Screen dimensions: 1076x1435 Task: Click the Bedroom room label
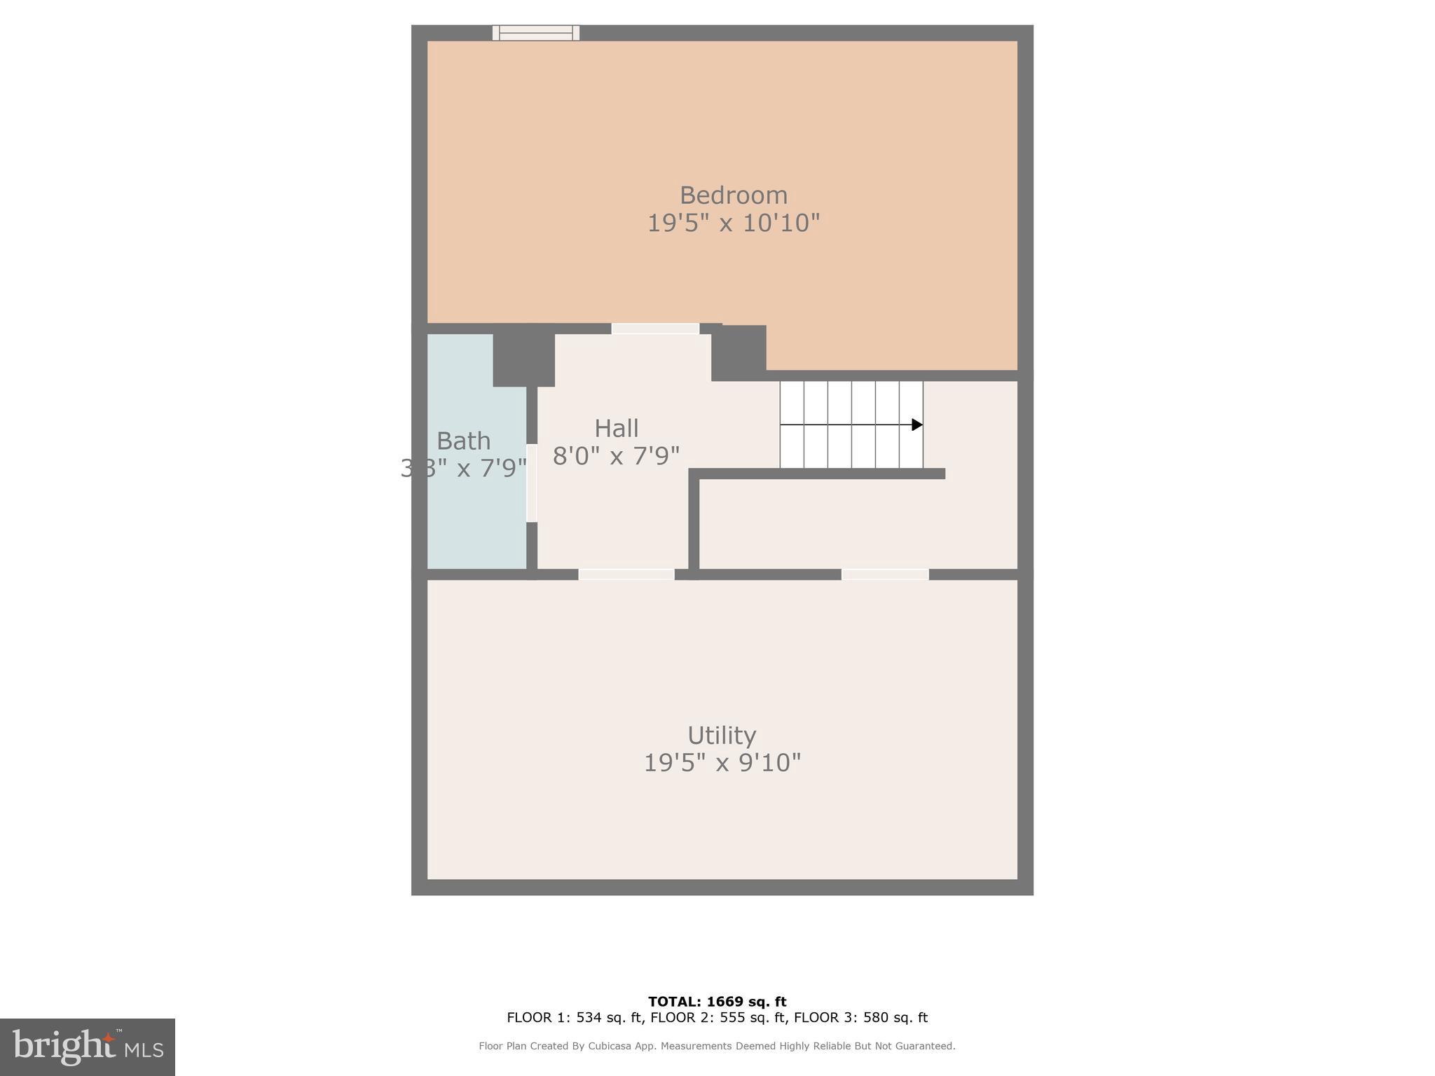tap(733, 195)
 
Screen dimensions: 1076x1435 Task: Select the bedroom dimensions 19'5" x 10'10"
tap(733, 223)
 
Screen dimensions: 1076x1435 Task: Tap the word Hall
tap(616, 428)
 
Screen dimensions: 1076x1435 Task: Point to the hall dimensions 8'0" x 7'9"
tap(616, 456)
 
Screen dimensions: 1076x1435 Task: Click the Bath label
tap(463, 441)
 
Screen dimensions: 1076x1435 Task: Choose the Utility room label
tap(722, 736)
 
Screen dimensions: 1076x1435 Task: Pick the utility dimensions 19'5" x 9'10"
tap(722, 763)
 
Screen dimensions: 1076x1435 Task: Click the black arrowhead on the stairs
tap(916, 425)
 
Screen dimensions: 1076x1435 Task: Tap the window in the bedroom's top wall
tap(536, 32)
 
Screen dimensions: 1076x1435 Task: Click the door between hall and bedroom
tap(655, 329)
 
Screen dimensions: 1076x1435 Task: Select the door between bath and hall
tap(532, 483)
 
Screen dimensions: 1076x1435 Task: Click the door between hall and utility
tap(626, 574)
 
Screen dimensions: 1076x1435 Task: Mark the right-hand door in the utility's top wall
tap(885, 574)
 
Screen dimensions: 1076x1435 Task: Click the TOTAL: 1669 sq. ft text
tap(717, 1002)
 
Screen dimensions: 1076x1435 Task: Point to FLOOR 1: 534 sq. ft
tap(575, 1017)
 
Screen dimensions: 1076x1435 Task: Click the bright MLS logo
tap(88, 1047)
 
